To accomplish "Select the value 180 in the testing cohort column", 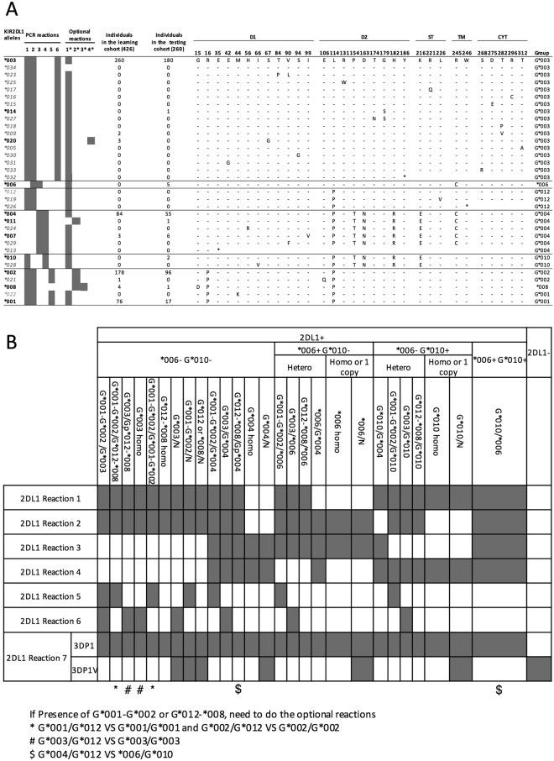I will click(169, 60).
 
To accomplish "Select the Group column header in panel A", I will click(541, 53).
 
